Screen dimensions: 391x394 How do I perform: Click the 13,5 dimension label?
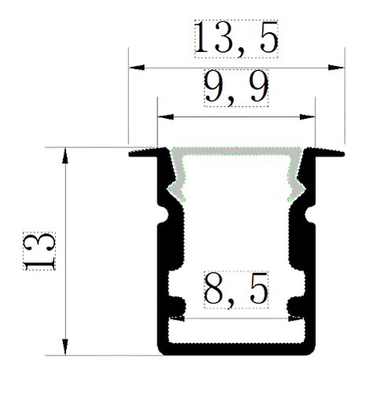(236, 39)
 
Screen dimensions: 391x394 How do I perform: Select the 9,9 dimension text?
(236, 88)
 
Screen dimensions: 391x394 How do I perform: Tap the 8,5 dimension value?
(236, 290)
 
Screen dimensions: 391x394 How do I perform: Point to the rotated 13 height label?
(39, 251)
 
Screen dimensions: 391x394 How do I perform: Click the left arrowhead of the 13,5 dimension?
(137, 68)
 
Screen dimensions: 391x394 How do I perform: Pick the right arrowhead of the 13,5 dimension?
(336, 68)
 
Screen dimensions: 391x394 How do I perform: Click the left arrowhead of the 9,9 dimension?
(165, 117)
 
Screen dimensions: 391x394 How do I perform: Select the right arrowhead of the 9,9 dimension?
(307, 117)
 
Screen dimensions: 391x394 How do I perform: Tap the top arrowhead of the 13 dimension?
(65, 155)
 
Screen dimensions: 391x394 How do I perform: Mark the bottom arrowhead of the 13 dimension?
(65, 347)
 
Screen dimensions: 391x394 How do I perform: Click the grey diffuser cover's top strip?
(236, 151)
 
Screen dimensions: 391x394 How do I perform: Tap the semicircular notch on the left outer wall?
(164, 214)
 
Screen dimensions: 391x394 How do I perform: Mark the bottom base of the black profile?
(236, 349)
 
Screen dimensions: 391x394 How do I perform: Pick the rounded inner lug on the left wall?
(179, 307)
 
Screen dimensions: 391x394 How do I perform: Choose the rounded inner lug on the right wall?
(295, 307)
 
